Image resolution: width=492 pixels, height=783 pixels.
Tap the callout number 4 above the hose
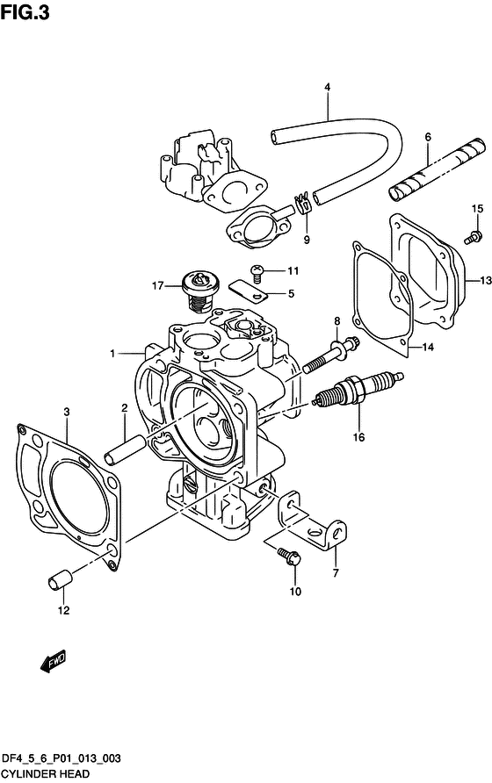click(327, 87)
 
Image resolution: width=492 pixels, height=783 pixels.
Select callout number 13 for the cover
click(483, 281)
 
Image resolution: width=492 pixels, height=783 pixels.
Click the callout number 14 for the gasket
click(428, 348)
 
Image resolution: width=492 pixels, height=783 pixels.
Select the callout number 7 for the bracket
click(335, 574)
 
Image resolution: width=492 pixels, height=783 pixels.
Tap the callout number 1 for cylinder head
click(113, 353)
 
